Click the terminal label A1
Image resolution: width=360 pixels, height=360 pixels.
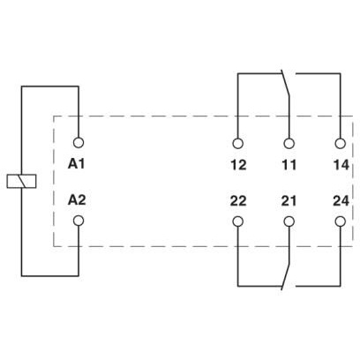77,164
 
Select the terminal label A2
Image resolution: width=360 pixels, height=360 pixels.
77,200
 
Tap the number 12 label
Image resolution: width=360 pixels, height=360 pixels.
238,165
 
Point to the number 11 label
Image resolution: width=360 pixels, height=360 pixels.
289,165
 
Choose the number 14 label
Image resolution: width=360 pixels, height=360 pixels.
341,165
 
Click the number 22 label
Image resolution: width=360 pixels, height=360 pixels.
238,201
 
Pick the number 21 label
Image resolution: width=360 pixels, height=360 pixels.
289,201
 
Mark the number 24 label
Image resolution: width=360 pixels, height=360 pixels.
341,201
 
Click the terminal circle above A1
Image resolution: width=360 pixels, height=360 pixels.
79,143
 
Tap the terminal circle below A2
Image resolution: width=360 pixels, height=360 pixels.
79,221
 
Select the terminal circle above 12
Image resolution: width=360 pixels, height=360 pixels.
237,144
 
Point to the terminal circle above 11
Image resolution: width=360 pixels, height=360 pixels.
289,144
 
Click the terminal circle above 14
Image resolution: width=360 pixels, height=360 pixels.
341,144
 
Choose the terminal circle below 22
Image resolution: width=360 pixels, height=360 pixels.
237,221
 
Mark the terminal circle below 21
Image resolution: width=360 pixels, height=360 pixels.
289,221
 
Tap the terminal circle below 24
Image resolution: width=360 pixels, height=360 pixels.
341,221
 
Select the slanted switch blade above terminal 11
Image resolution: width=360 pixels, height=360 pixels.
286,83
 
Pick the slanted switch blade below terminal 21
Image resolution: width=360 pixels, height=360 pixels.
286,277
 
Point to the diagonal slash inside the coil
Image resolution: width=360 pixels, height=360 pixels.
21,181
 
